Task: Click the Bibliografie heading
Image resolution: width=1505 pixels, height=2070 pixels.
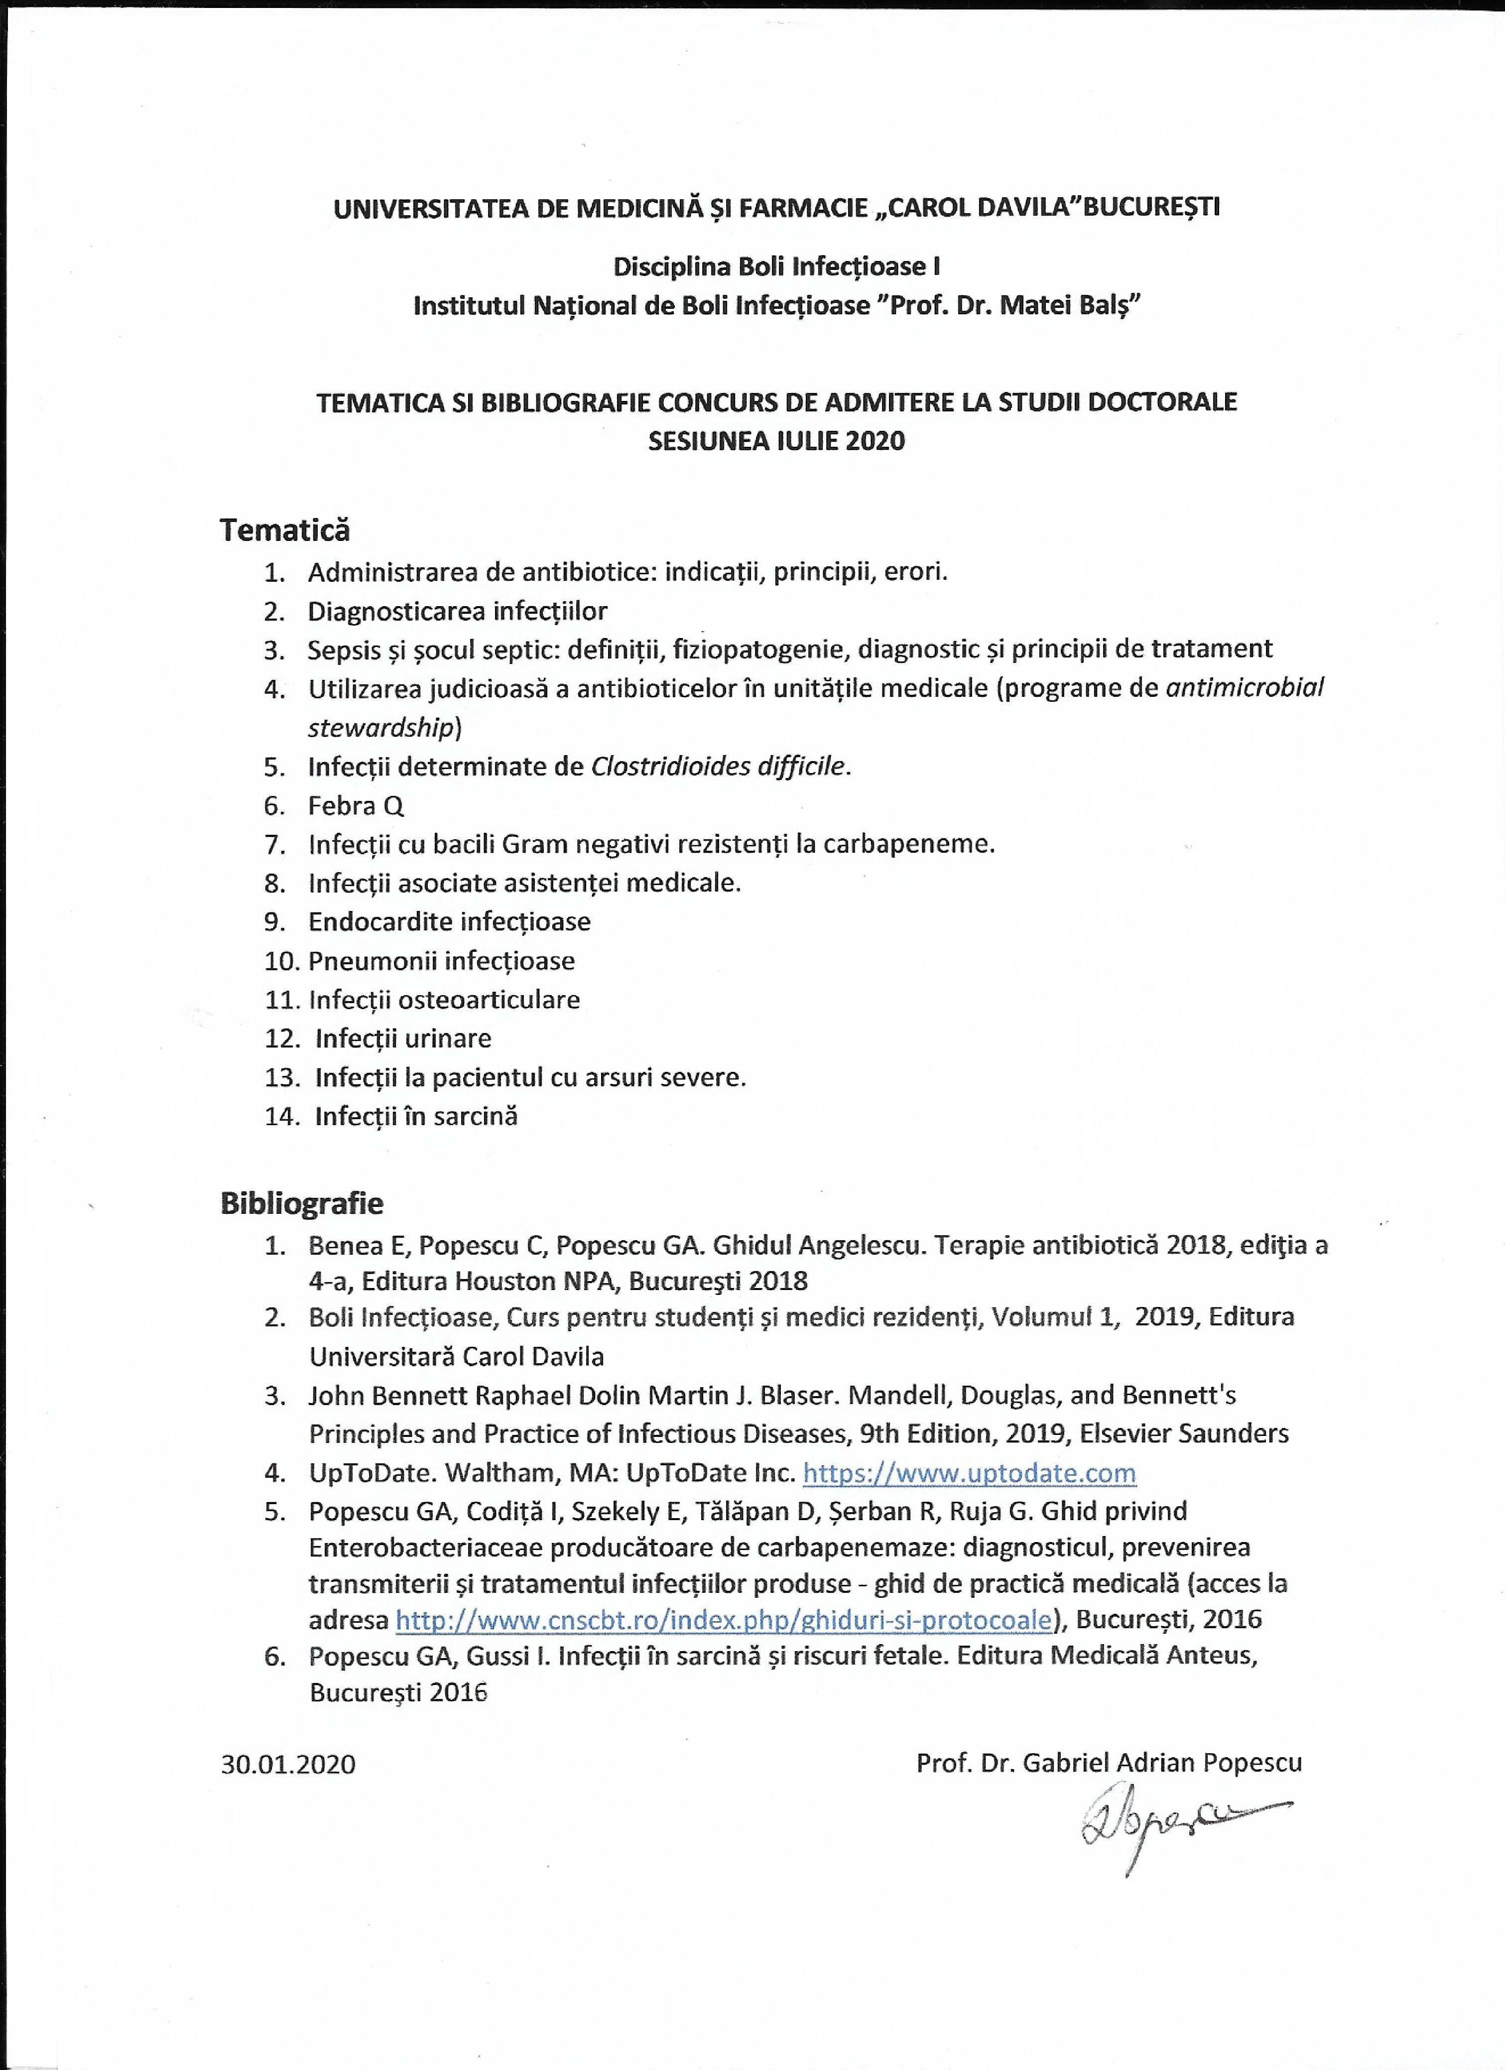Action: tap(302, 1204)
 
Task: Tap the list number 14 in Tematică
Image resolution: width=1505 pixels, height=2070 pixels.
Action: tap(281, 1116)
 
